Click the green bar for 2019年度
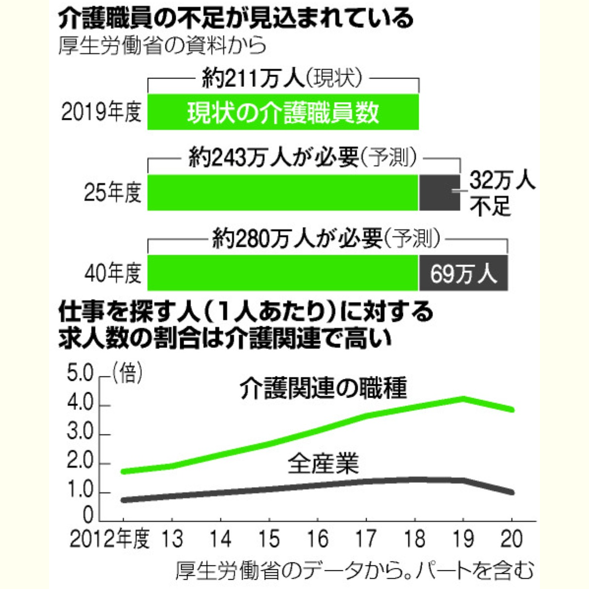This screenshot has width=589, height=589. point(283,112)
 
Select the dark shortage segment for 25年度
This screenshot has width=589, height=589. point(439,192)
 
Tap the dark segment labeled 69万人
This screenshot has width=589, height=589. point(463,273)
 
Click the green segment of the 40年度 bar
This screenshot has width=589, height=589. point(283,273)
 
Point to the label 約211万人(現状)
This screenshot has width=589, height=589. point(283,79)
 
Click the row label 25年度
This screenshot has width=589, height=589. point(112,193)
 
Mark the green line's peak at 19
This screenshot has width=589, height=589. point(463,398)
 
